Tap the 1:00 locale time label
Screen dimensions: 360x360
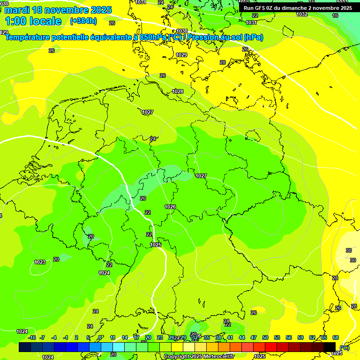(x=33, y=21)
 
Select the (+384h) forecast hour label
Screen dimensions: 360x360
(x=83, y=21)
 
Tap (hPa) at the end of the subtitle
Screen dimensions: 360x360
(x=253, y=37)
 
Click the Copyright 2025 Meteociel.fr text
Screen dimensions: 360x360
(x=199, y=357)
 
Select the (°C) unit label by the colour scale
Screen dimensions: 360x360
(x=344, y=348)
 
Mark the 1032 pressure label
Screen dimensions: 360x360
(x=302, y=14)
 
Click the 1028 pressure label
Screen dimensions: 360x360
(x=178, y=91)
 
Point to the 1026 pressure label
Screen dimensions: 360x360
(x=170, y=207)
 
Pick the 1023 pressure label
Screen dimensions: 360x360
(x=40, y=262)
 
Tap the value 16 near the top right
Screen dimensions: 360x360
(x=335, y=15)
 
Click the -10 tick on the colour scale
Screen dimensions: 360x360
(x=32, y=337)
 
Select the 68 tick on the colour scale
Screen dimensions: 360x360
(x=336, y=337)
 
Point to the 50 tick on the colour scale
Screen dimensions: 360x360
(x=265, y=337)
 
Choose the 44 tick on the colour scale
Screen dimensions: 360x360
(x=242, y=337)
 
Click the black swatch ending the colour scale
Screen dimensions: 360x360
(x=330, y=347)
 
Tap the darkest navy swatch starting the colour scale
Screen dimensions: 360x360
(x=25, y=347)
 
